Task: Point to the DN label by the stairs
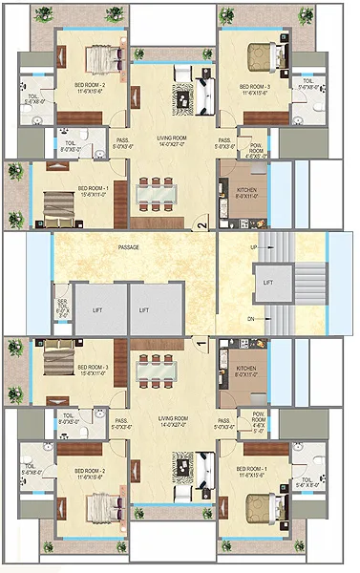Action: click(x=251, y=318)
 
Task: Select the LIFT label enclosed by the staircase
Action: click(x=267, y=284)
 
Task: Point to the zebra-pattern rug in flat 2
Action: click(x=181, y=96)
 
